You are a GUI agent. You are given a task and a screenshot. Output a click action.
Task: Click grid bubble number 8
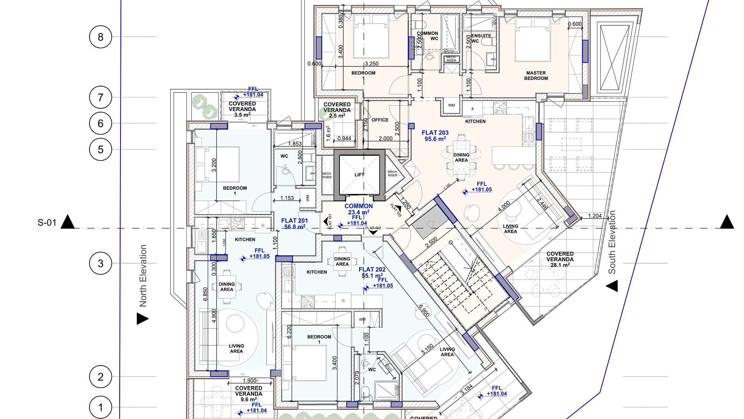100,37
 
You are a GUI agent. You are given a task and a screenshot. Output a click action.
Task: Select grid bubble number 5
100,149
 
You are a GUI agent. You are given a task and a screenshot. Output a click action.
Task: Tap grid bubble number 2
100,377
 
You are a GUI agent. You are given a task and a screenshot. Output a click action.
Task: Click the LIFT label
359,175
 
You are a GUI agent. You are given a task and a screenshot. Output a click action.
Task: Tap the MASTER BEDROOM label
536,76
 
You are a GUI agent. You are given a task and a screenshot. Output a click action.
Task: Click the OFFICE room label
380,120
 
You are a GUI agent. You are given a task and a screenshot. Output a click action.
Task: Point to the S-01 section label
47,223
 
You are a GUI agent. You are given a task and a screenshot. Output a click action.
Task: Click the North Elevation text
143,275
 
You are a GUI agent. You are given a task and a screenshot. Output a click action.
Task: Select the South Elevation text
612,242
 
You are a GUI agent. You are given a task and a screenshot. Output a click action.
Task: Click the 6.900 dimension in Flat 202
424,310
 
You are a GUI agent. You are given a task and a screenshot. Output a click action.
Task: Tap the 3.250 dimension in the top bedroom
372,64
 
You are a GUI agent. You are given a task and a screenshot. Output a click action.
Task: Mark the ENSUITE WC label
481,38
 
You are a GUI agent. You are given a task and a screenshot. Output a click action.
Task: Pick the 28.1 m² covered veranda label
560,259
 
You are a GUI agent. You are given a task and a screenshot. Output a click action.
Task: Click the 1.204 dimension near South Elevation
595,216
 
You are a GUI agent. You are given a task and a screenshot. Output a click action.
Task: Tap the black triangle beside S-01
68,222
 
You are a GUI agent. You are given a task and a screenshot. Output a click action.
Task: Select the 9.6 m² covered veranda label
249,393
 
